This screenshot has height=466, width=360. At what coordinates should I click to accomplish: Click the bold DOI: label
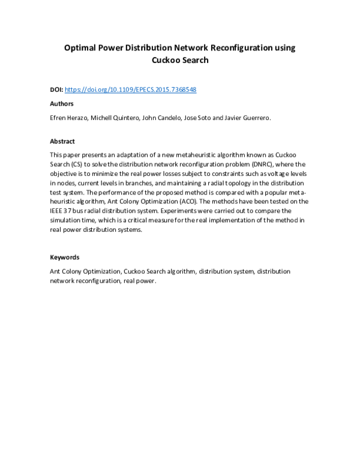(56, 89)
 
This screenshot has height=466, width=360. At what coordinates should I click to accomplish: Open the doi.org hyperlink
(130, 89)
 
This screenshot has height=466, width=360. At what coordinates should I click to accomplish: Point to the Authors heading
(61, 104)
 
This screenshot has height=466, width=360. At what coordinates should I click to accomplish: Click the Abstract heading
(62, 142)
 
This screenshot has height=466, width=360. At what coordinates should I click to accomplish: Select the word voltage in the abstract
(274, 173)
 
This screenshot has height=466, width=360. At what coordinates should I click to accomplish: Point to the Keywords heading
(64, 257)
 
